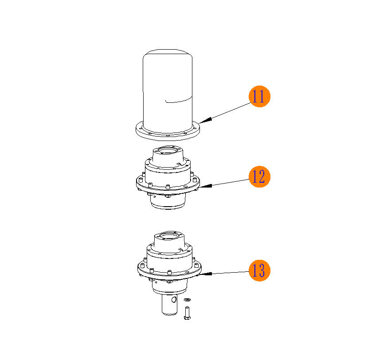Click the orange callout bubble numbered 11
point(259,96)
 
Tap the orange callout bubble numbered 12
point(259,176)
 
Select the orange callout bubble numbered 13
point(259,270)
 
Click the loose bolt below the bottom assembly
point(187,313)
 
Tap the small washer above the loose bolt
point(188,300)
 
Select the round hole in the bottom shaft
point(174,300)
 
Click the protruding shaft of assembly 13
point(170,305)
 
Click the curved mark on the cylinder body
point(178,100)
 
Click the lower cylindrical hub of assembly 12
point(168,201)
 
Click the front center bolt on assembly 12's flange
point(168,187)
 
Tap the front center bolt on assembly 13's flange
point(169,272)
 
